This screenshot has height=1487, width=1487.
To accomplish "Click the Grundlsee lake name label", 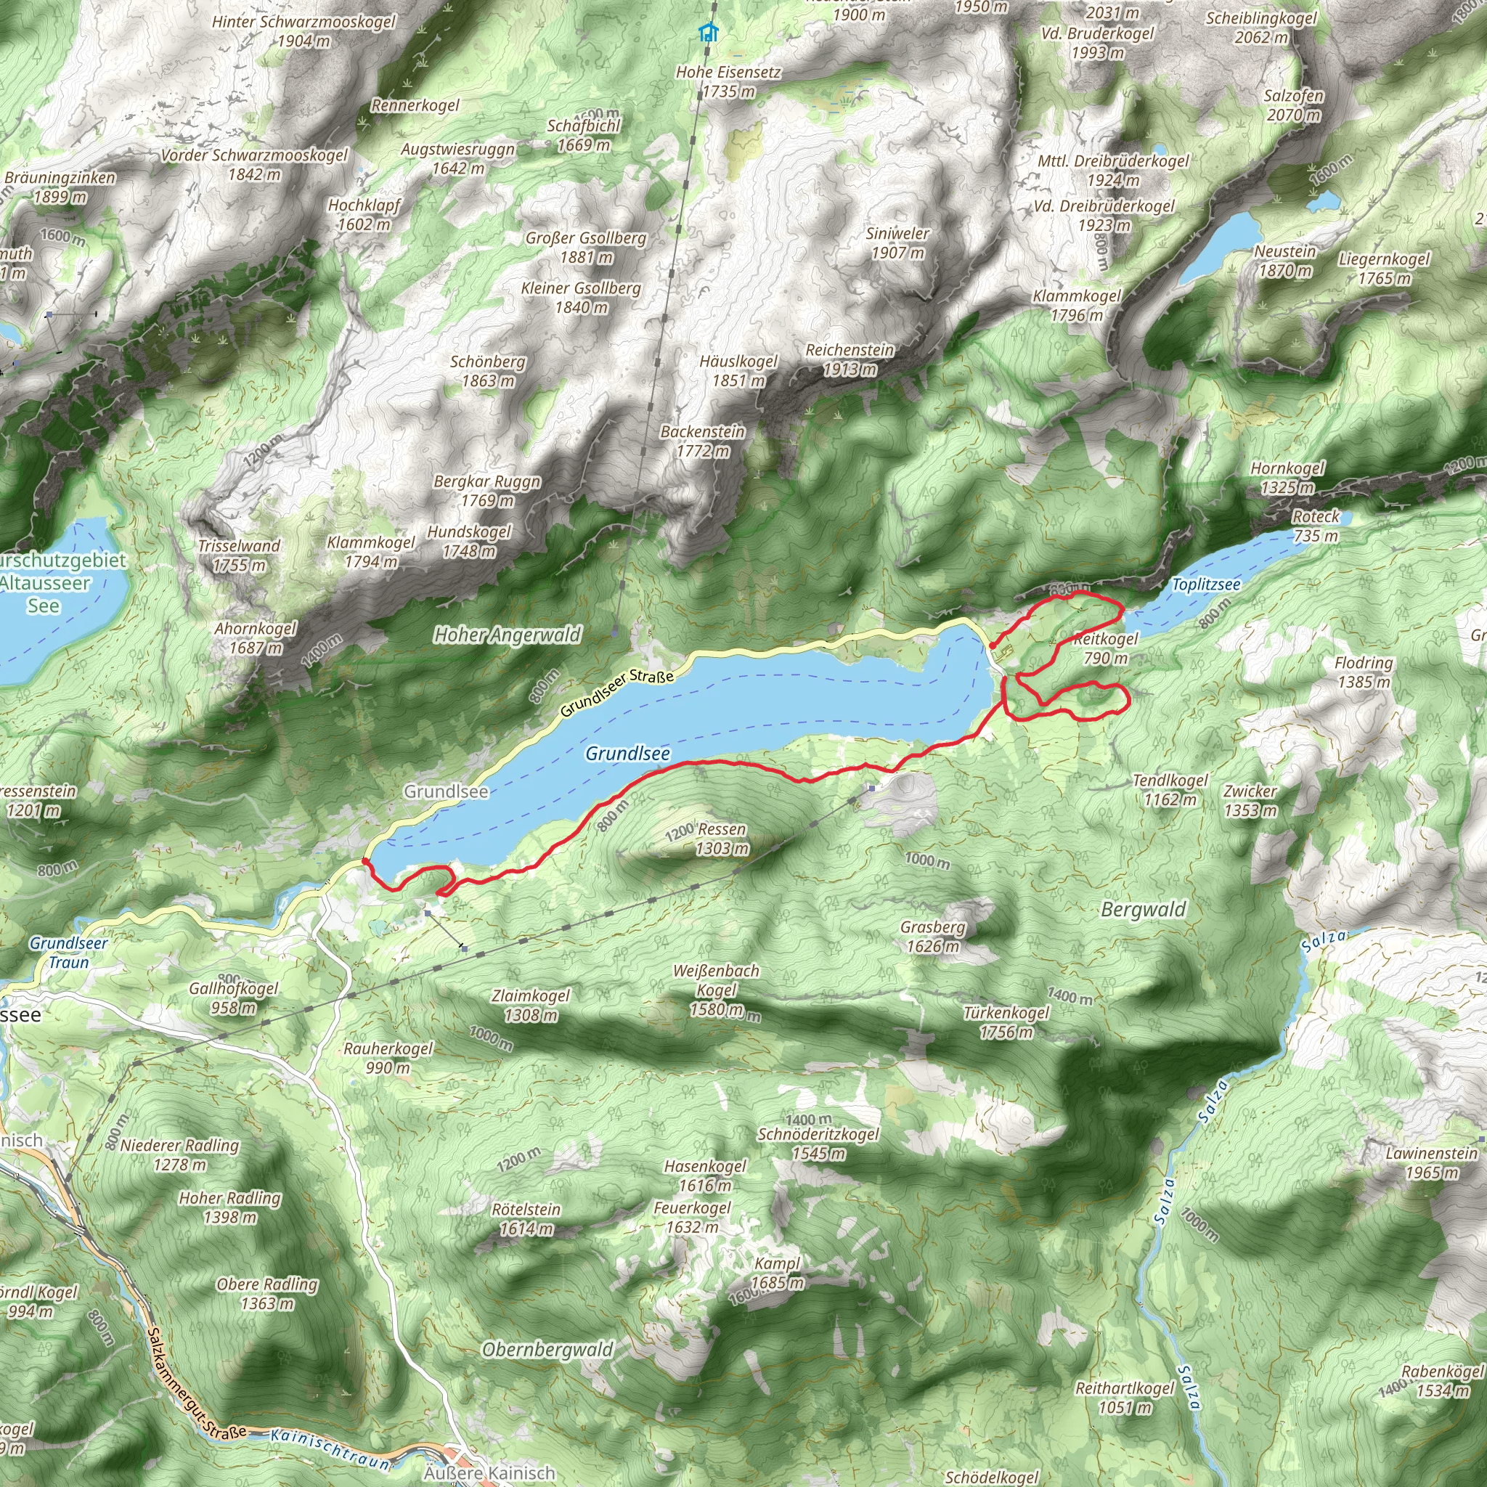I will (627, 754).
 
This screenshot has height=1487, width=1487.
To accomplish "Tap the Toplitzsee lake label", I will (1205, 585).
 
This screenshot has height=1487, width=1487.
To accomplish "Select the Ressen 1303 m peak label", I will (721, 839).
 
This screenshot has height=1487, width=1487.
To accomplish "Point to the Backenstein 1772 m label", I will (703, 441).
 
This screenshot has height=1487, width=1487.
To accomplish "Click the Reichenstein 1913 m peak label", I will (850, 359).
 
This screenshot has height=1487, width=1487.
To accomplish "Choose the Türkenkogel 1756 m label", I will (1006, 1022).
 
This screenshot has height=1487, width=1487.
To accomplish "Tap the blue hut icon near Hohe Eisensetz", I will (708, 33).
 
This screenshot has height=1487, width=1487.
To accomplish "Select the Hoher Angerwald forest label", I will (508, 635).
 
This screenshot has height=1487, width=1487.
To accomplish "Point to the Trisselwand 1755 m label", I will (240, 555).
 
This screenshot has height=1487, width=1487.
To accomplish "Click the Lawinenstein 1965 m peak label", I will (1431, 1163).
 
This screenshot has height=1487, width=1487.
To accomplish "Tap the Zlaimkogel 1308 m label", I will (530, 1005).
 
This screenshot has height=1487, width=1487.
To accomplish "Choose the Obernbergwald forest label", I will (547, 1349).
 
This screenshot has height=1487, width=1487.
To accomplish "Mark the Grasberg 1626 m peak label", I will (933, 936).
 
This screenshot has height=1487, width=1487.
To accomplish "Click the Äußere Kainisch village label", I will (489, 1473).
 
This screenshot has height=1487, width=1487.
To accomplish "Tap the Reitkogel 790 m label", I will (1106, 648).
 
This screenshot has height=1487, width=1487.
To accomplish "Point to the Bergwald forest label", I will (1143, 909).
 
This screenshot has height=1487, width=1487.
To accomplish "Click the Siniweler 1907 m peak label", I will (897, 243).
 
